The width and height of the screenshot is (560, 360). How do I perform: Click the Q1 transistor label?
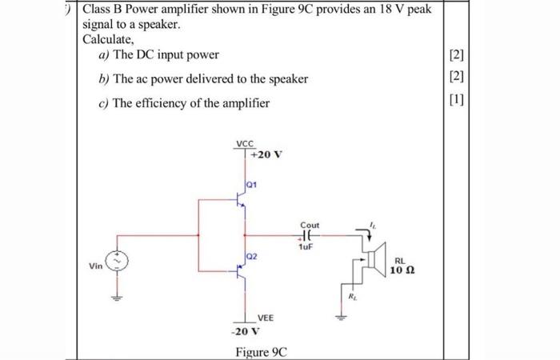coord(253,183)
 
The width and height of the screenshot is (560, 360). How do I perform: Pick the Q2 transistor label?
coord(252,256)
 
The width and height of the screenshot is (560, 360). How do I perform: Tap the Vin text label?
coord(95,266)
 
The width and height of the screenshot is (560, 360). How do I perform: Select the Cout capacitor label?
coord(309,226)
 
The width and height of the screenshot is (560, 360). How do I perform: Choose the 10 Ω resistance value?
coord(403,271)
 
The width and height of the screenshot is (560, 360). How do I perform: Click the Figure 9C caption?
coord(261,353)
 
